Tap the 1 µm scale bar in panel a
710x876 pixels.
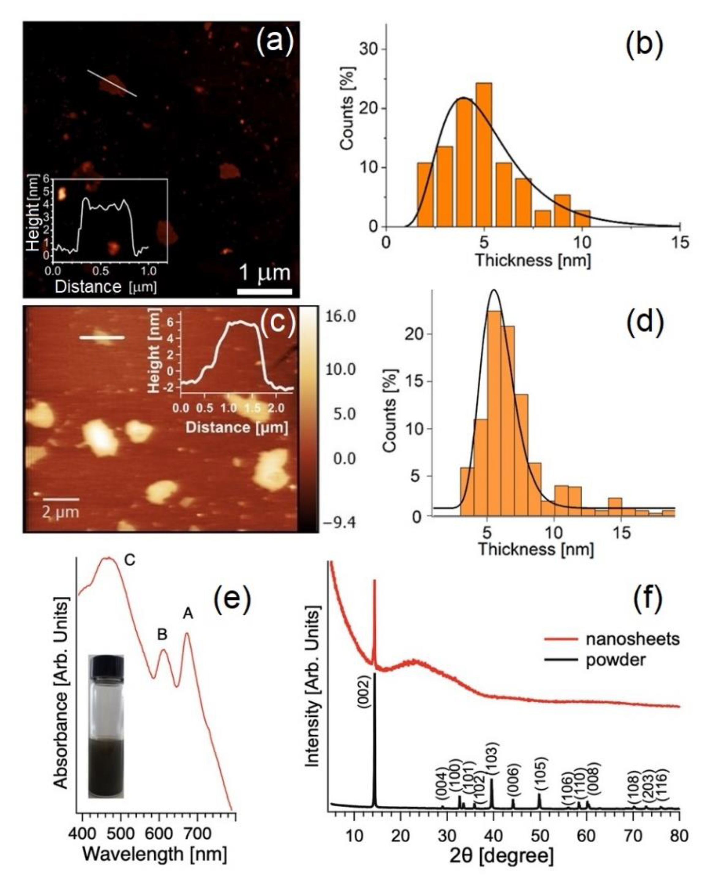click(265, 291)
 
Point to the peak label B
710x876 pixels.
click(162, 635)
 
